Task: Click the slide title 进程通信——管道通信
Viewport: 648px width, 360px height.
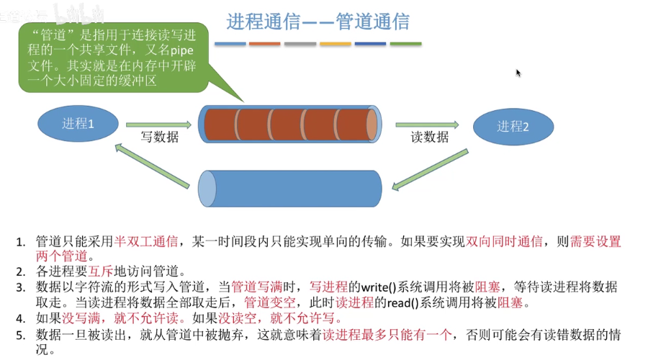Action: click(x=318, y=22)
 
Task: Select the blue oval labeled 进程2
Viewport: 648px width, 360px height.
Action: click(x=513, y=127)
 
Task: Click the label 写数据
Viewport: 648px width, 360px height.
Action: click(x=159, y=138)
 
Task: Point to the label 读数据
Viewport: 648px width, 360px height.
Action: click(x=430, y=138)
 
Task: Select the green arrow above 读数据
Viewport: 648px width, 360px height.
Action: click(x=426, y=125)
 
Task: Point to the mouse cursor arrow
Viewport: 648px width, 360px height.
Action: click(x=518, y=73)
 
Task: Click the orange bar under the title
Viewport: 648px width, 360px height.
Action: click(x=335, y=43)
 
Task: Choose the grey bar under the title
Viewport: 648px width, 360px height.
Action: click(x=300, y=43)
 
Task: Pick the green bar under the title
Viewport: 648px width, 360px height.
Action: click(x=405, y=43)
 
